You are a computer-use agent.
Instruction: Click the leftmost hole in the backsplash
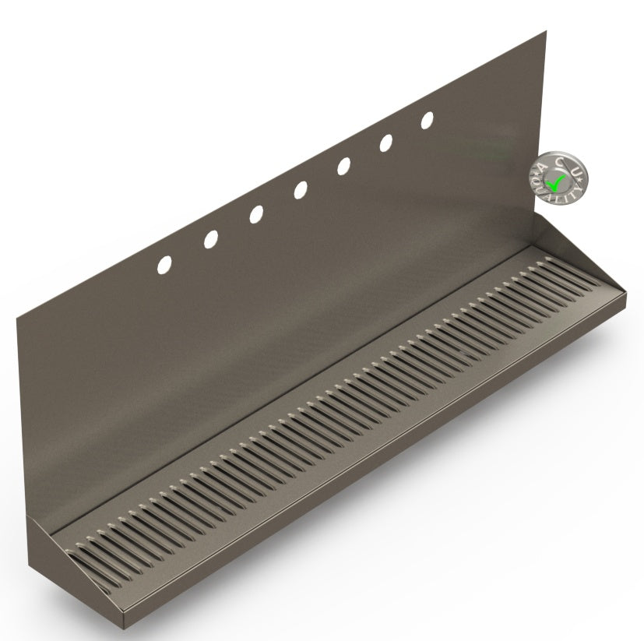[165, 265]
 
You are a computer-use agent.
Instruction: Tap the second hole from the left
[211, 240]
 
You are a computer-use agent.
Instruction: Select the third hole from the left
[255, 214]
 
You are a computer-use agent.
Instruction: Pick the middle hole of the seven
[300, 190]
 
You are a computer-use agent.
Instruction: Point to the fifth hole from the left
[343, 166]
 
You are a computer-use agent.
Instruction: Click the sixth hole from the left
[385, 143]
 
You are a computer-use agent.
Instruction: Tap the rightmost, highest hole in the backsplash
[427, 121]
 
